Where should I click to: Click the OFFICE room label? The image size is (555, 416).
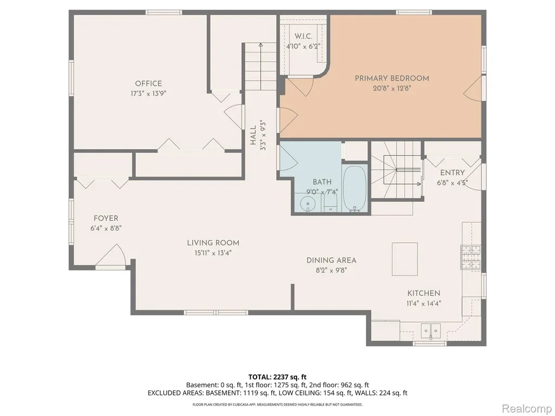(x=148, y=83)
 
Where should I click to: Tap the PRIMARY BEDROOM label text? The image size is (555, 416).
(x=392, y=78)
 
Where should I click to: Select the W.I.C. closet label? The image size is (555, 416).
(x=303, y=36)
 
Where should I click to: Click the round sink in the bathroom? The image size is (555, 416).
(x=308, y=204)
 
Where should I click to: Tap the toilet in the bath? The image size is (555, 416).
(x=331, y=204)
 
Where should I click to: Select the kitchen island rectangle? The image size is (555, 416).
(x=404, y=259)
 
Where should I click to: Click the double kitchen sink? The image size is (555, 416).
(x=430, y=331)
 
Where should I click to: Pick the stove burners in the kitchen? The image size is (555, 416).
(x=471, y=257)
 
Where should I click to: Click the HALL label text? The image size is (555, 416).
(x=253, y=136)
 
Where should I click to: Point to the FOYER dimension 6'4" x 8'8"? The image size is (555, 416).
(x=106, y=228)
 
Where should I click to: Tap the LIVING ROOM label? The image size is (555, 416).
(x=213, y=243)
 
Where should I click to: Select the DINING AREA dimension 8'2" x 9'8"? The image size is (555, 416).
(x=331, y=270)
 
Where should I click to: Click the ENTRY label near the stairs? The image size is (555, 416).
(x=452, y=173)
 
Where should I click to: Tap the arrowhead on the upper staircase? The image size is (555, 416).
(x=261, y=45)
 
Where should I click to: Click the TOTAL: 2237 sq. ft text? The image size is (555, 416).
(x=277, y=377)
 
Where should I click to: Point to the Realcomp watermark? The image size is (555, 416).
(x=526, y=408)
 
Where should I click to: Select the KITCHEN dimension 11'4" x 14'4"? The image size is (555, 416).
(x=423, y=303)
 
